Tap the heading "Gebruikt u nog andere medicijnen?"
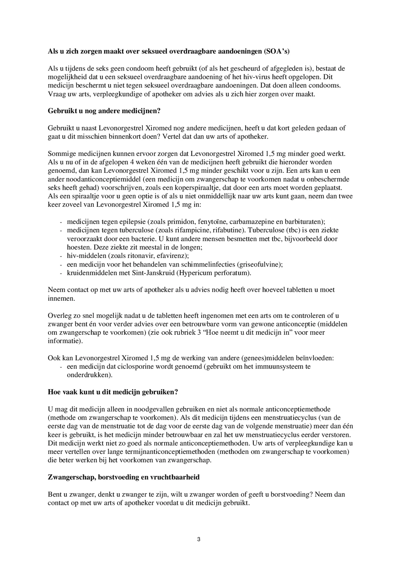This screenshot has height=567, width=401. point(104,111)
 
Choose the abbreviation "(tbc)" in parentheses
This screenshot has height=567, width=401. point(294,230)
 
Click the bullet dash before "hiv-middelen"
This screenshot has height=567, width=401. point(61,256)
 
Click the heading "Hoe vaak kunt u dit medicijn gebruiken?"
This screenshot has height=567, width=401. point(113,392)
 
